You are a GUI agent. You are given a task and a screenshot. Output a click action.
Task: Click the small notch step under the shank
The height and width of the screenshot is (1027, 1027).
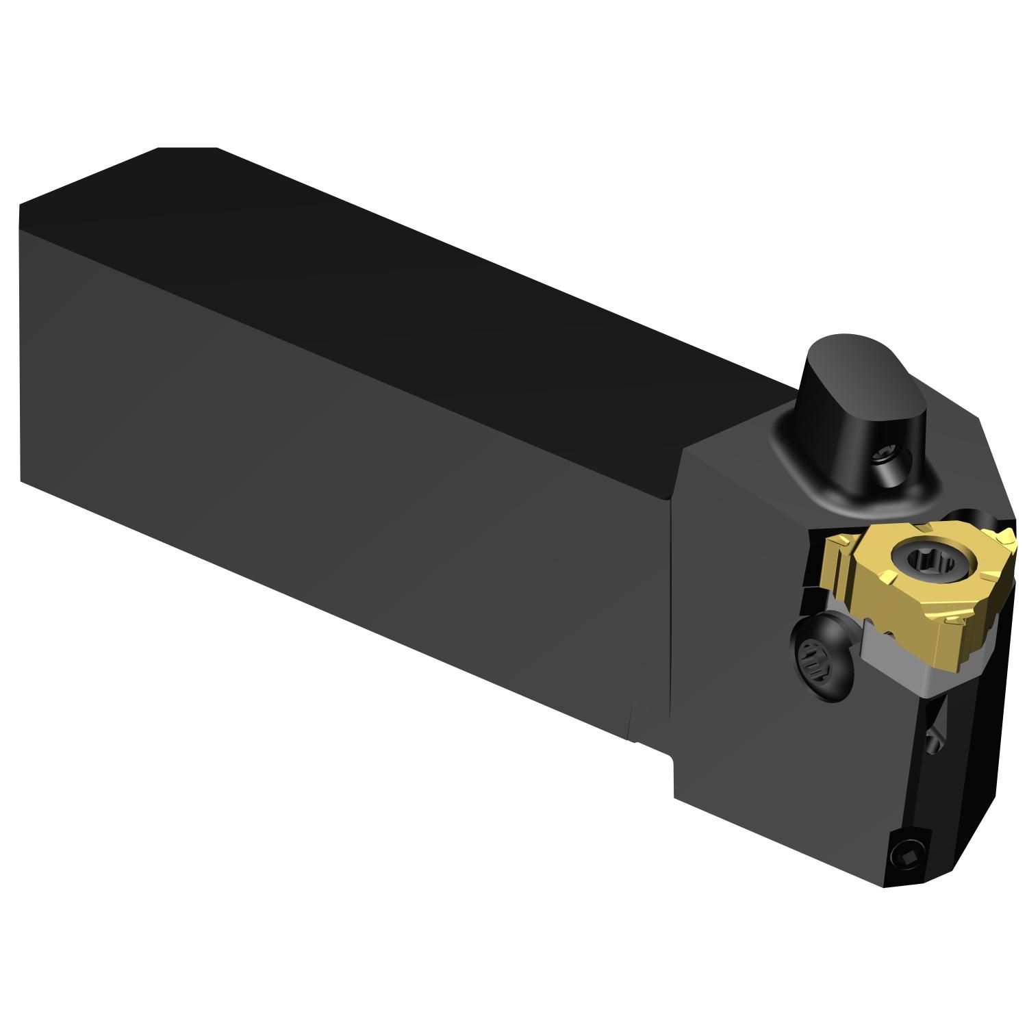pyautogui.click(x=650, y=746)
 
